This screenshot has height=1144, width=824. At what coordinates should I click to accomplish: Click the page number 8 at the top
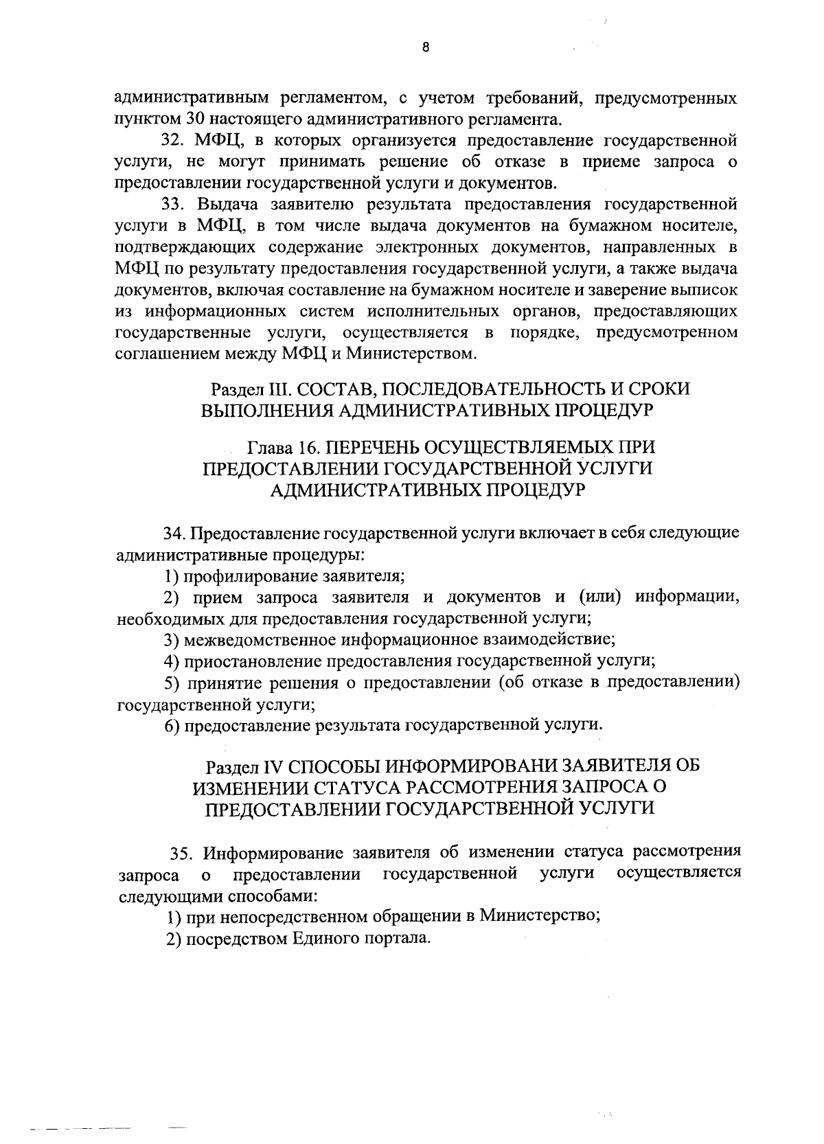426,47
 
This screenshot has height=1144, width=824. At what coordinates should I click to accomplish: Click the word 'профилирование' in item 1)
241,576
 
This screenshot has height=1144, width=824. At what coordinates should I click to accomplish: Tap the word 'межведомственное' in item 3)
258,640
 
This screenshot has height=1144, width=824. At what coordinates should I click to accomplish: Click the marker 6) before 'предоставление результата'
172,725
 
